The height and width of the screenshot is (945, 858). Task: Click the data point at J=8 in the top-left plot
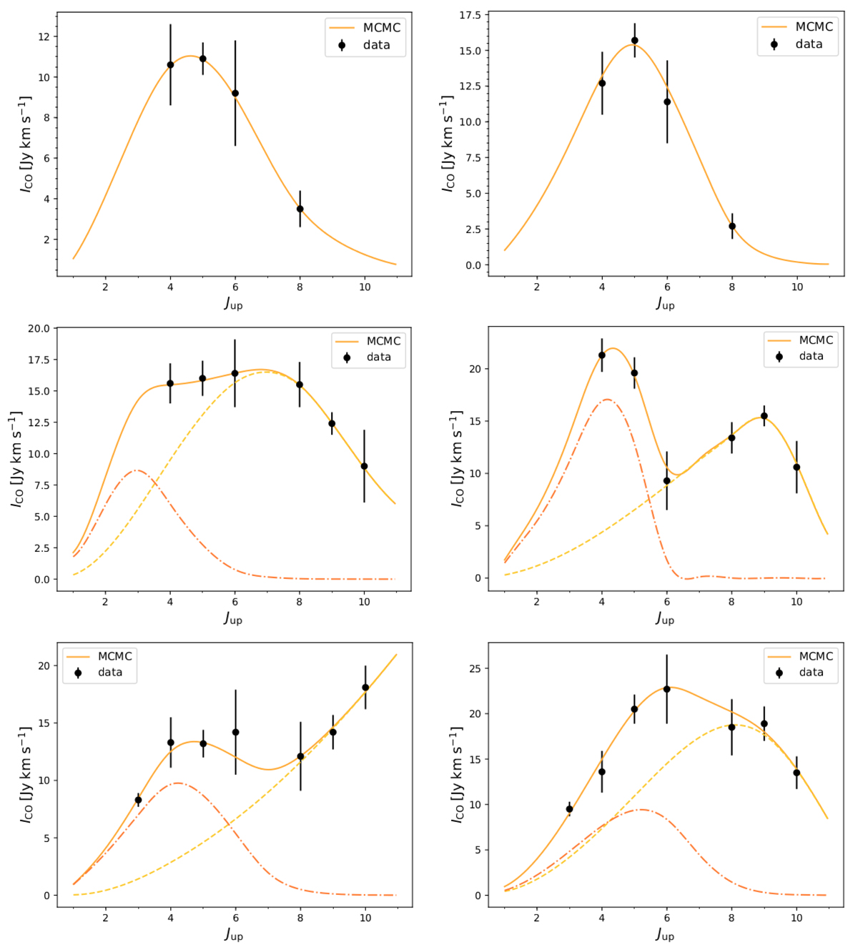300,209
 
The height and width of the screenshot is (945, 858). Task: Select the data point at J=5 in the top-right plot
634,41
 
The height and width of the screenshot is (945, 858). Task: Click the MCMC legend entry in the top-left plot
365,28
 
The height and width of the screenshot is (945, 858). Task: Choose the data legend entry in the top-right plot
797,44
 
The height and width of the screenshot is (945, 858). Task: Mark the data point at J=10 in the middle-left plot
364,466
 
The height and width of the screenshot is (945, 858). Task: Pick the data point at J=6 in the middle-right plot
667,481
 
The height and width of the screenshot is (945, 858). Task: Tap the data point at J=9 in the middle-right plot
764,416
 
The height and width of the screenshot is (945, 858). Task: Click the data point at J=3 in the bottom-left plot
138,801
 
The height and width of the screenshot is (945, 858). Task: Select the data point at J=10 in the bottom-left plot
365,688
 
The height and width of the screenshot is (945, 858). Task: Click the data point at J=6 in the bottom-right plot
667,689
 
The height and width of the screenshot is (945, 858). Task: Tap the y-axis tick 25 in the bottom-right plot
473,668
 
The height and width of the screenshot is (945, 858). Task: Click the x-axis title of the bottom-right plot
665,934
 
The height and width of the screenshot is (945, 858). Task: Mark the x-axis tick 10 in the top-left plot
365,287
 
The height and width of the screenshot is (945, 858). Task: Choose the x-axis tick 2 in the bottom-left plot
106,919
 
